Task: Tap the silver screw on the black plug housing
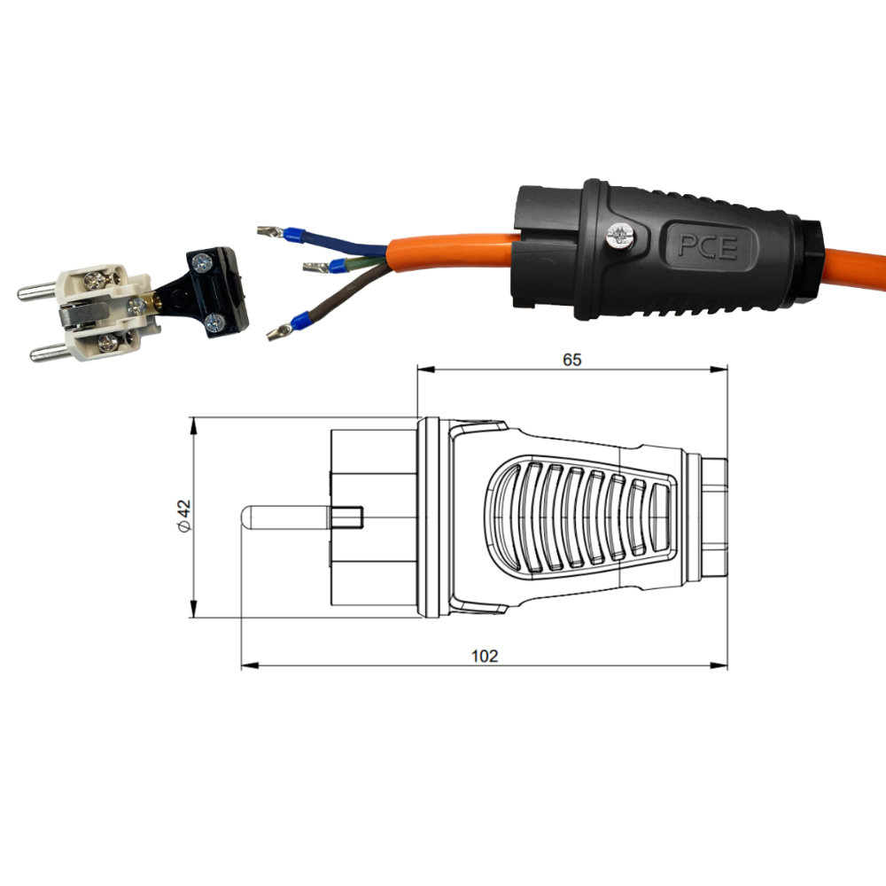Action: pyautogui.click(x=619, y=235)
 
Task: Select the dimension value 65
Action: pyautogui.click(x=571, y=360)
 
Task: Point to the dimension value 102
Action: pyautogui.click(x=485, y=656)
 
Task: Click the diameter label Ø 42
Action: pyautogui.click(x=185, y=516)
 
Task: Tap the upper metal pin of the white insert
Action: pyautogui.click(x=38, y=291)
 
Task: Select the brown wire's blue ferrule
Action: pyautogui.click(x=299, y=321)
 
